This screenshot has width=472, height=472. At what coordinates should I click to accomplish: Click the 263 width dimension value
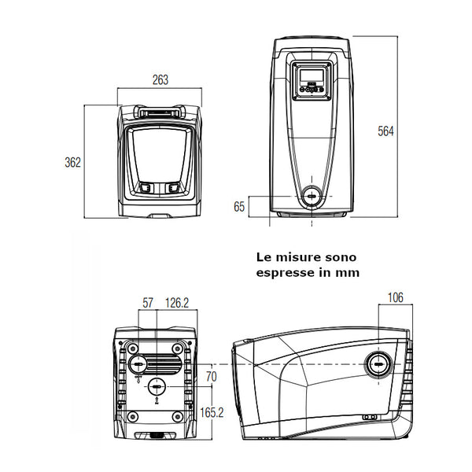tap(160, 80)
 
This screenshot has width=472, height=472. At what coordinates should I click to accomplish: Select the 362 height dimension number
tap(73, 162)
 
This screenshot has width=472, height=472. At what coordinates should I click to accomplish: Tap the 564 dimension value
tap(385, 131)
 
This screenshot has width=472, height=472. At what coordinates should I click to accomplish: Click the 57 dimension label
tap(147, 303)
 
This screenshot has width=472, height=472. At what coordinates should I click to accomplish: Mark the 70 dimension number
tap(210, 376)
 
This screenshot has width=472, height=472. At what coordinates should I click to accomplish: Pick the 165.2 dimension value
tap(210, 411)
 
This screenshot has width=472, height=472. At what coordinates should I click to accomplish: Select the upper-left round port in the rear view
tap(138, 363)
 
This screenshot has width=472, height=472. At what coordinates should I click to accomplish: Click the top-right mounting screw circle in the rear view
tap(180, 346)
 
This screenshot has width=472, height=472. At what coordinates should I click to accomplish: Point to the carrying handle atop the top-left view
tap(160, 112)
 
